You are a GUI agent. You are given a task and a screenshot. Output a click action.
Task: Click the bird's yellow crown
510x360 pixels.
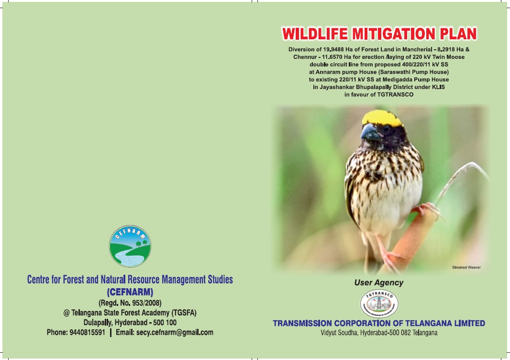(382, 118)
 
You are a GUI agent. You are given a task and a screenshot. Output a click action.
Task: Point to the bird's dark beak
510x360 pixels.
(370, 132)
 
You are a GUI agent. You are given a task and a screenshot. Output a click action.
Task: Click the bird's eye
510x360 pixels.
(386, 128)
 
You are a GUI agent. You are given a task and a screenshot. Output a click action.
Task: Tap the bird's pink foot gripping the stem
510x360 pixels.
(427, 210)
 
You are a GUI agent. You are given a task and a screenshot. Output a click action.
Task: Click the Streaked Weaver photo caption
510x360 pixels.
(466, 267)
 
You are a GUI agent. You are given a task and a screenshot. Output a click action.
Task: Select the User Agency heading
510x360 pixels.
(378, 282)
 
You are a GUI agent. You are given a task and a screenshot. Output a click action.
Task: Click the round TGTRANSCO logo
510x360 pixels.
(379, 304)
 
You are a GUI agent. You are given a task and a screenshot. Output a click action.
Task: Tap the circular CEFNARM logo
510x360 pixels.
(130, 246)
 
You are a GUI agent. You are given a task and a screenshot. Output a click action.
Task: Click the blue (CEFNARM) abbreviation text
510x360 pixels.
(130, 292)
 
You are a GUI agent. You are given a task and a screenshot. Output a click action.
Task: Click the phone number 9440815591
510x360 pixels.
(87, 332)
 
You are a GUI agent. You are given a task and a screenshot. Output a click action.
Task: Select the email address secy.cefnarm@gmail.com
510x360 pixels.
(175, 332)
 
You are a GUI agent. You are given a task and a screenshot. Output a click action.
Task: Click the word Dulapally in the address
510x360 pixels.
(97, 323)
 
